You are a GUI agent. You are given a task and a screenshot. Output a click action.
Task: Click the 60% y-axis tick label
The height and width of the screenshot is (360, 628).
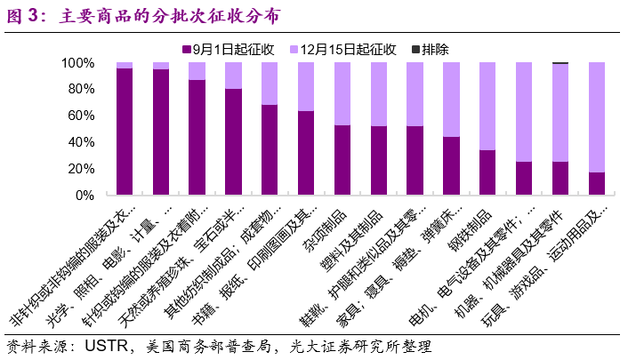click(x=82, y=116)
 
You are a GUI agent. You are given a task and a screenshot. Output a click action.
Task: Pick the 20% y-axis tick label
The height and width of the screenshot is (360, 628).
click(x=82, y=169)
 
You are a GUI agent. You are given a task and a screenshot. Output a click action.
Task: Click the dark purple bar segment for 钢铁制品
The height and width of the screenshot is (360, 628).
click(x=487, y=172)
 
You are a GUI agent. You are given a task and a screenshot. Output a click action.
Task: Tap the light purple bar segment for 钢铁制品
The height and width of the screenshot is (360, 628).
click(x=487, y=107)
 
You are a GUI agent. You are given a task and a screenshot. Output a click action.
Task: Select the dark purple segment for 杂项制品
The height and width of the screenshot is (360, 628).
click(x=342, y=160)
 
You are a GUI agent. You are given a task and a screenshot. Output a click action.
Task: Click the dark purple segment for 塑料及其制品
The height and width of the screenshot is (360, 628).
click(x=379, y=161)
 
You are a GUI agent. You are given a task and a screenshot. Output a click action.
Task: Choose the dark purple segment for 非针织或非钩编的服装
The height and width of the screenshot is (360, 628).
click(x=125, y=132)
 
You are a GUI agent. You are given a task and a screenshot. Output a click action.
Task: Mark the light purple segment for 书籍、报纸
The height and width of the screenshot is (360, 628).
click(x=306, y=87)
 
